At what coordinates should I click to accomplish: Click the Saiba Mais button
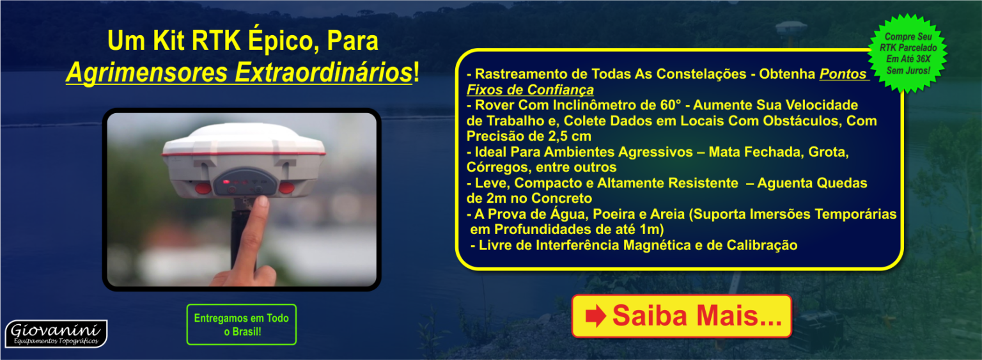(682, 316)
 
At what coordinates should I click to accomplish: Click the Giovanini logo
(56, 334)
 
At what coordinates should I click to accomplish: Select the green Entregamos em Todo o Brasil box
(242, 324)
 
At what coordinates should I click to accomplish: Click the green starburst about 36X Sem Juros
(908, 54)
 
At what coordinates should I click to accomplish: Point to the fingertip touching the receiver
(261, 203)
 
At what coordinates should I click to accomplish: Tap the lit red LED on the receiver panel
(226, 182)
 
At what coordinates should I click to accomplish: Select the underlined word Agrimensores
(147, 72)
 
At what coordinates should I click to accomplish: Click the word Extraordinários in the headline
(323, 72)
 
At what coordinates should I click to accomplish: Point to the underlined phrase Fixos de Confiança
(530, 90)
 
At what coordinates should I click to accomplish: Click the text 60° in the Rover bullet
(671, 105)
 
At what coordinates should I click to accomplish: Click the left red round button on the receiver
(203, 189)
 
